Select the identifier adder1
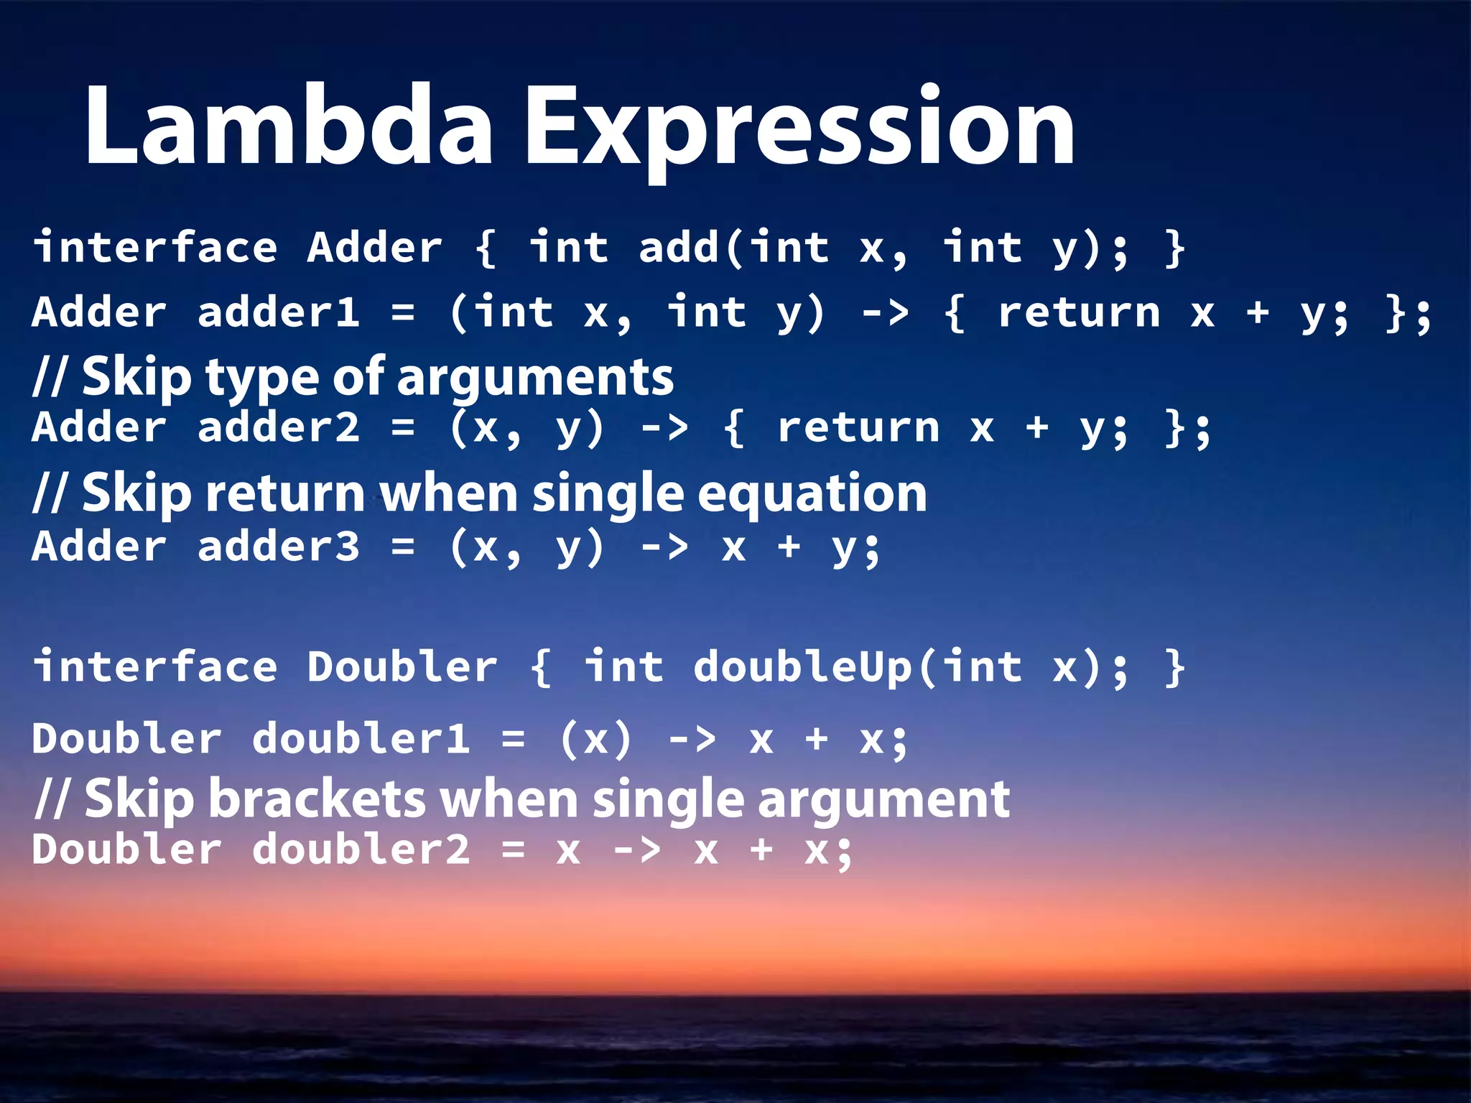pos(278,312)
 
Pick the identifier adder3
pos(278,546)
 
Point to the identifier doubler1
pos(361,739)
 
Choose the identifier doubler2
pos(361,850)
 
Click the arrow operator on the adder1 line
pos(885,312)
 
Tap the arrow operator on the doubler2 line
pos(636,851)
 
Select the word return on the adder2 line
pos(858,428)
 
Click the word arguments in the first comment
pos(535,378)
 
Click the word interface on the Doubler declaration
pos(155,666)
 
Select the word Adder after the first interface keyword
pos(374,248)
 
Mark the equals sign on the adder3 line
pos(403,548)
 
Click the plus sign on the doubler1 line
pos(817,740)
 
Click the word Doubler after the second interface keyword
pos(402,666)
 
